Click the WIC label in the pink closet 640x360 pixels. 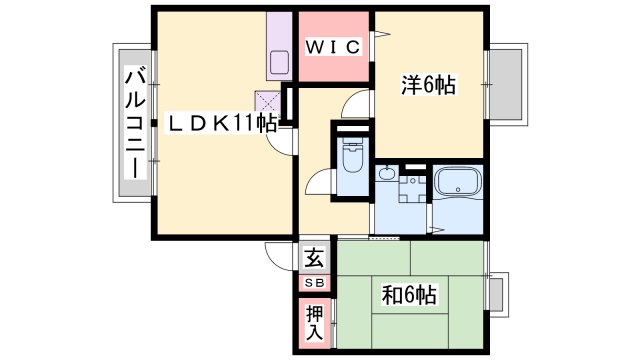333,47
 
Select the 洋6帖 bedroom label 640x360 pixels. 428,85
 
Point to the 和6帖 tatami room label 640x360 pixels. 409,295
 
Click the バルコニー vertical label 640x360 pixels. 135,124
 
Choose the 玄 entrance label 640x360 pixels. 315,258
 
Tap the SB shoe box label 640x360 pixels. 315,282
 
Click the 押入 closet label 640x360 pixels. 315,323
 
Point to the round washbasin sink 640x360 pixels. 386,173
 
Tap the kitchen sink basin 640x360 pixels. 279,62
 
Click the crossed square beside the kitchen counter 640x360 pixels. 268,102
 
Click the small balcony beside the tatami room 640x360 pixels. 498,295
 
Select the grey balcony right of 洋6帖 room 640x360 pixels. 507,84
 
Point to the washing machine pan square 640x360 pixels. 413,189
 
